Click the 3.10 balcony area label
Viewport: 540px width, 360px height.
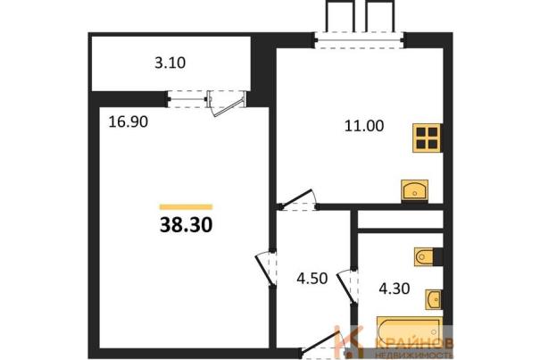point(170,63)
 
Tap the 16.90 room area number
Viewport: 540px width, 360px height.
point(129,121)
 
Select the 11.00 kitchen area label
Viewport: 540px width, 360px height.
point(364,126)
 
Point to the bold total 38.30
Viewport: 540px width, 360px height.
point(186,225)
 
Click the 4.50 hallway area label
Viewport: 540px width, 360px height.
point(312,279)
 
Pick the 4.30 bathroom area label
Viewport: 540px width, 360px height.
point(395,289)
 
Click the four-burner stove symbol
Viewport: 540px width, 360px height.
point(427,138)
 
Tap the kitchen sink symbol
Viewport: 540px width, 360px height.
point(415,190)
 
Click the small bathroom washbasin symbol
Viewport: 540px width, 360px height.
point(433,299)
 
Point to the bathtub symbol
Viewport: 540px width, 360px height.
point(410,331)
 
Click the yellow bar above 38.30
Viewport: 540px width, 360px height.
point(186,207)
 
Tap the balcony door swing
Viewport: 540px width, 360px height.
point(228,104)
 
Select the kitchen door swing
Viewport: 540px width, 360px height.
point(299,200)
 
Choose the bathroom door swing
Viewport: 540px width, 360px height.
point(347,287)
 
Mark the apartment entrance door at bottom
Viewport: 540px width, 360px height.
point(320,342)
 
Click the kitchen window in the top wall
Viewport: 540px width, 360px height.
point(360,40)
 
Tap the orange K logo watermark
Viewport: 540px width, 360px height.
point(348,341)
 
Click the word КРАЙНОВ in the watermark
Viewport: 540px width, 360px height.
point(414,343)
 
